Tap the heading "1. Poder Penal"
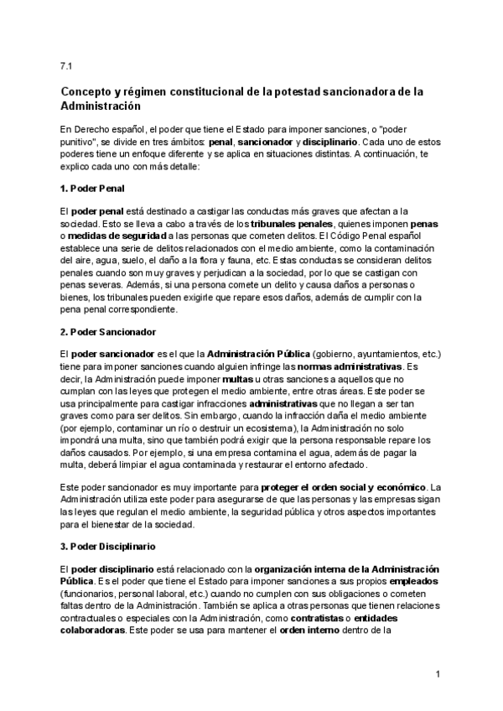pyautogui.click(x=92, y=189)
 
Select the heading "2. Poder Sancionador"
pyautogui.click(x=110, y=331)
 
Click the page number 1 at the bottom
pyautogui.click(x=438, y=673)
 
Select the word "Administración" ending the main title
pyautogui.click(x=101, y=107)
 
